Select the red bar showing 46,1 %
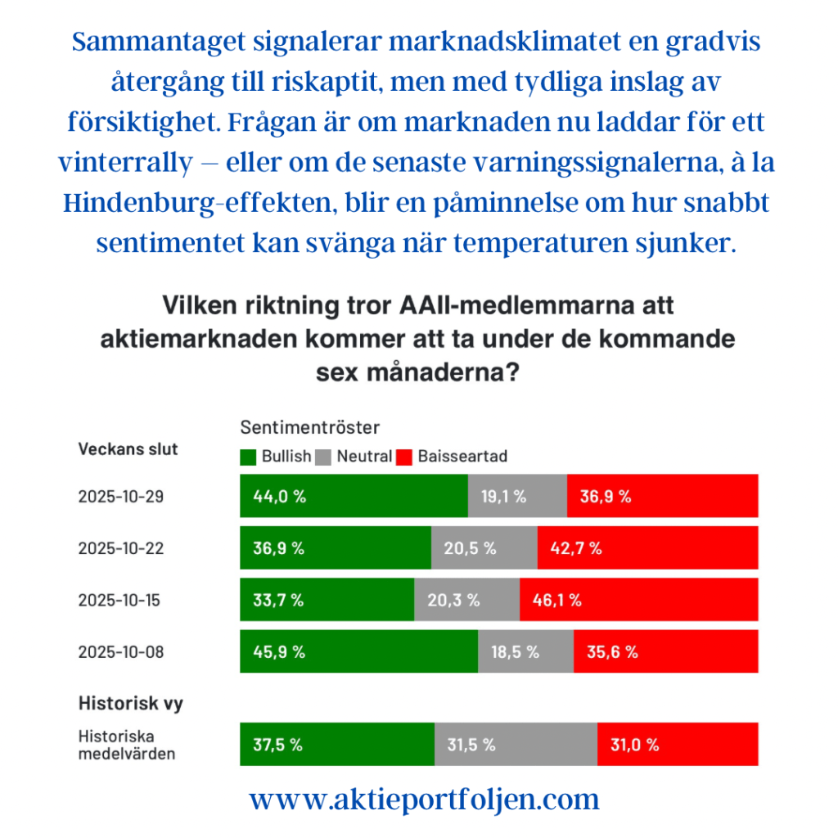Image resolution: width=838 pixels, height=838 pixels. click(x=638, y=600)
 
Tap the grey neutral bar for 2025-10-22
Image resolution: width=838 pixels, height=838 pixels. click(x=484, y=548)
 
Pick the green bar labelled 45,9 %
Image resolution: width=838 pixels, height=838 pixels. click(x=358, y=651)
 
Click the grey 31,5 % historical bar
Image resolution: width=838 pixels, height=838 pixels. click(x=516, y=745)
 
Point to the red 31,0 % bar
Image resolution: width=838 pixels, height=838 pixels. click(x=677, y=745)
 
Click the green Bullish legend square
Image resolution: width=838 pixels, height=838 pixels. click(x=248, y=456)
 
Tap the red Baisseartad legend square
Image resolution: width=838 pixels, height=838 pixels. click(x=403, y=456)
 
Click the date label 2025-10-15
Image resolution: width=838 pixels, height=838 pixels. click(x=121, y=600)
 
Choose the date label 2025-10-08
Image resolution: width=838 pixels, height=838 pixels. click(x=121, y=651)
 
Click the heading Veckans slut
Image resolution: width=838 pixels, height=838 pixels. click(x=128, y=448)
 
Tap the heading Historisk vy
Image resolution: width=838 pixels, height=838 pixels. click(x=130, y=702)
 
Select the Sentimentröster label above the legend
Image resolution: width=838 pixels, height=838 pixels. click(x=310, y=427)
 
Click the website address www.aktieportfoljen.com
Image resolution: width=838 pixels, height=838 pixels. click(x=424, y=799)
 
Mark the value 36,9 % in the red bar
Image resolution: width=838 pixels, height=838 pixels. click(x=606, y=496)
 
